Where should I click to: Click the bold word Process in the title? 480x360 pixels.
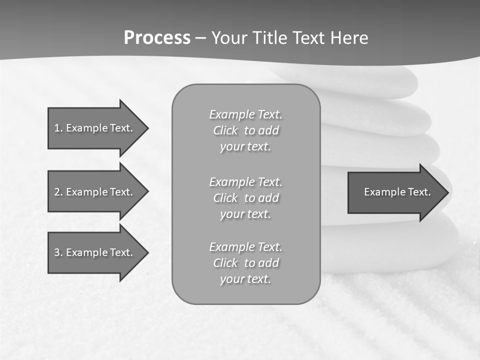pos(157,38)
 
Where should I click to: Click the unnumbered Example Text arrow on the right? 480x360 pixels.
pos(397,192)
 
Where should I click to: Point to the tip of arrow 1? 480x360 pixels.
pos(146,128)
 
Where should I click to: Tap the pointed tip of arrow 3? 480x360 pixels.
pos(146,252)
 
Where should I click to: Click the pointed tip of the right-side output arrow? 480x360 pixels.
pos(447,192)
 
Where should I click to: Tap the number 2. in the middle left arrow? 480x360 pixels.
pos(58,192)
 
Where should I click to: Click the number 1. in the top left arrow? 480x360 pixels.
pos(58,128)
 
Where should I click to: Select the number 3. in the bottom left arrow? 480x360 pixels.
pos(58,252)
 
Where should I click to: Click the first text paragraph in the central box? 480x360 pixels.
pos(245,130)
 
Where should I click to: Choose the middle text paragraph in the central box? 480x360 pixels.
pos(245,198)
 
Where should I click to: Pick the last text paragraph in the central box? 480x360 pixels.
pos(245,263)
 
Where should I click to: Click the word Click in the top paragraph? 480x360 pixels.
pos(225,130)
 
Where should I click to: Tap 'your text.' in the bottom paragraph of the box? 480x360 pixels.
pos(245,279)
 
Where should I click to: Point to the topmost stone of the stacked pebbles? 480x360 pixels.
pos(350,80)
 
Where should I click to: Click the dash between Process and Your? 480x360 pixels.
pos(201,38)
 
